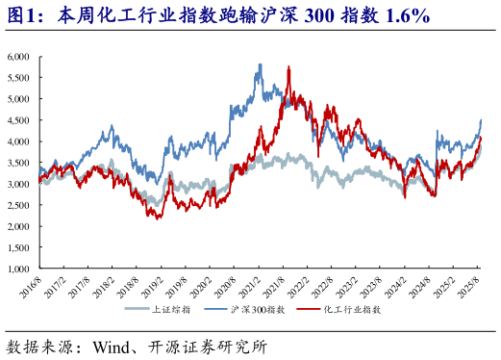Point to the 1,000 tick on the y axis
click(19, 270)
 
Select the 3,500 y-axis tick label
click(19, 163)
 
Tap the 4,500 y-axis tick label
click(19, 120)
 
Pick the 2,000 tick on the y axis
click(19, 227)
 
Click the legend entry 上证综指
click(173, 310)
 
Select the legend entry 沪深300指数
click(259, 310)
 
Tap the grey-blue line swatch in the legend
click(138, 310)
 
